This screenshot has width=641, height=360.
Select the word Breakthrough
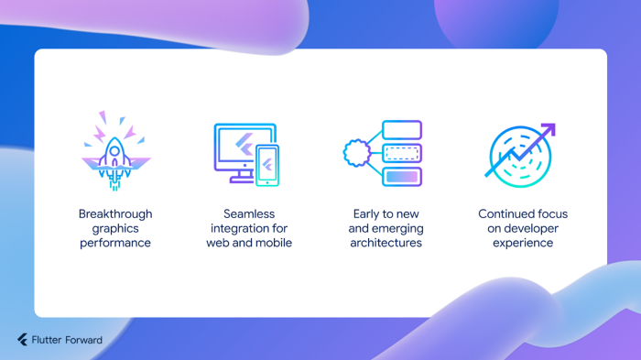coord(115,214)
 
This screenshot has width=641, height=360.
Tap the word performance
coord(115,243)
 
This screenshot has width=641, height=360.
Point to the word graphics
coord(115,229)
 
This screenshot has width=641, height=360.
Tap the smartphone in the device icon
coord(267,166)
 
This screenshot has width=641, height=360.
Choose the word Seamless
coord(249,214)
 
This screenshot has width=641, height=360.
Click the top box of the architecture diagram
coord(401,130)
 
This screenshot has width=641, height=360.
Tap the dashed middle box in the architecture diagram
coord(401,153)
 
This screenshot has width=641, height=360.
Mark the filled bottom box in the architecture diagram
coord(401,176)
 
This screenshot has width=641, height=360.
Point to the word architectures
coord(386,243)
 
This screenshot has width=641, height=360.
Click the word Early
coord(366,214)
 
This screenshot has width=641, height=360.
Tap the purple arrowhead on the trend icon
coord(549,130)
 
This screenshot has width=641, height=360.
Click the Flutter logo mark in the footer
coord(22,340)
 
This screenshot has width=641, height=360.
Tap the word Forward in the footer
coord(84,340)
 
